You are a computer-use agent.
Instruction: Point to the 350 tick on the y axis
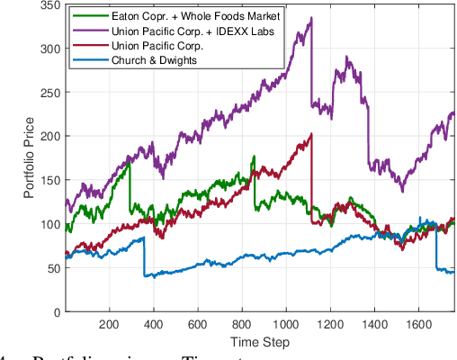click(x=49, y=6)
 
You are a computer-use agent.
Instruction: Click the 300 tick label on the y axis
click(x=49, y=49)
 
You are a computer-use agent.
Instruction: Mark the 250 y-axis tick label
click(x=49, y=94)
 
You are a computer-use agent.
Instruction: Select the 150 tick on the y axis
click(x=49, y=180)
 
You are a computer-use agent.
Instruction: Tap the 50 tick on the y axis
click(x=52, y=268)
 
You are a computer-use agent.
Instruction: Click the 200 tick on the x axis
click(x=109, y=325)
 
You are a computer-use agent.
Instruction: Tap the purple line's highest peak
click(x=310, y=18)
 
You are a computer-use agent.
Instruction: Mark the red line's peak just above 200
click(x=310, y=134)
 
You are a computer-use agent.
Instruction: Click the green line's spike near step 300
click(x=130, y=161)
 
